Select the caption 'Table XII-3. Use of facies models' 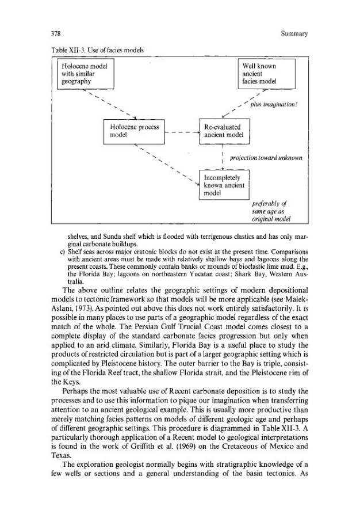[97, 50]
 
